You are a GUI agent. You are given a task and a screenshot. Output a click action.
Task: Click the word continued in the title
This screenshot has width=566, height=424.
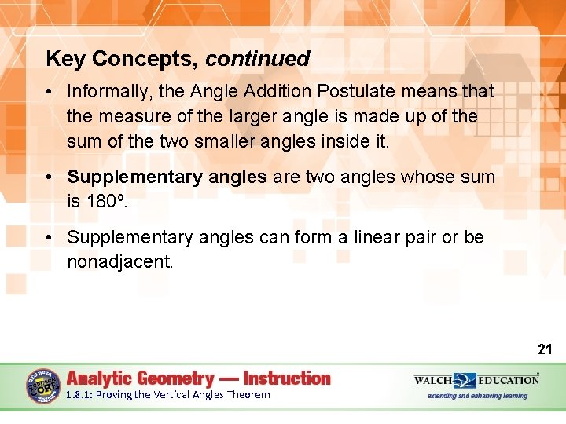point(258,59)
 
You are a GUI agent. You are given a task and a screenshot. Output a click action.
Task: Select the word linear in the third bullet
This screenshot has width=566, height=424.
point(371,237)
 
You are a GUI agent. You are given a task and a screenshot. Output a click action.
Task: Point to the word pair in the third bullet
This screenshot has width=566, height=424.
point(421,237)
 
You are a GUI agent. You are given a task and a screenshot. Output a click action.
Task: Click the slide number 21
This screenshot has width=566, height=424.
point(545,349)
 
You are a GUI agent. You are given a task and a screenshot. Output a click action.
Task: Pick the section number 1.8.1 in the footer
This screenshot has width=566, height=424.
point(79,395)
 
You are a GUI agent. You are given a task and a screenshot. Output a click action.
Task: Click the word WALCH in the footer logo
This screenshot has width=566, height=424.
point(433,380)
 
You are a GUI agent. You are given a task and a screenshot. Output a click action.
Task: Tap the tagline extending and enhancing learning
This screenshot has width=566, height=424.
point(477,396)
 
